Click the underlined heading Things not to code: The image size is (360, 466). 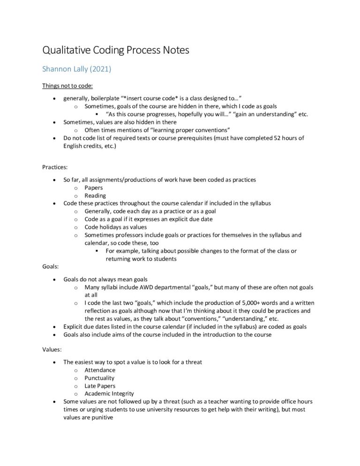[x=67, y=86]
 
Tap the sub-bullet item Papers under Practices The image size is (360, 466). [x=94, y=188]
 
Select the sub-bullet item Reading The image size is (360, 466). [x=95, y=195]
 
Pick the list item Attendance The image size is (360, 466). [x=100, y=370]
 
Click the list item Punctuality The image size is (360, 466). [x=99, y=378]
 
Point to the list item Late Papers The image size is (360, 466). [x=100, y=386]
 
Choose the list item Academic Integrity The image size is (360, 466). [x=109, y=394]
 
